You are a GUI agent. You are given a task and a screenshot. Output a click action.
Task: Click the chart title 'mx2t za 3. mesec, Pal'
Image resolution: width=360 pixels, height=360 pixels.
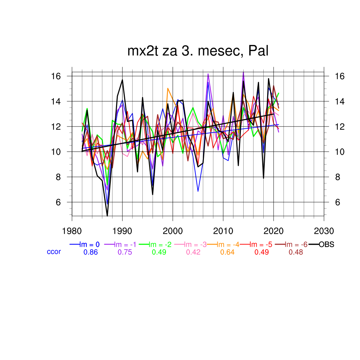tap(198, 52)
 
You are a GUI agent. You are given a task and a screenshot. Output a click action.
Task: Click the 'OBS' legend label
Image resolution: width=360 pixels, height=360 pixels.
tap(326, 245)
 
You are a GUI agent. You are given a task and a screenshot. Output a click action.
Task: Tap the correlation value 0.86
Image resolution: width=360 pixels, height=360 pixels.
tap(90, 252)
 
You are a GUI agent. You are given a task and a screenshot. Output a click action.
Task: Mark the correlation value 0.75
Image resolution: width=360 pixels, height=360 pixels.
tap(124, 252)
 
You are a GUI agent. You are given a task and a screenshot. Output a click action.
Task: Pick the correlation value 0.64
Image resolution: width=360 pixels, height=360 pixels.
tap(227, 252)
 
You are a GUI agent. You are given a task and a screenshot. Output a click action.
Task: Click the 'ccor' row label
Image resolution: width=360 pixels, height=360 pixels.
tap(54, 252)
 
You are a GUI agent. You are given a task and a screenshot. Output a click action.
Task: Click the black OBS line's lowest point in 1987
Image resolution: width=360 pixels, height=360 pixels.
tap(107, 216)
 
